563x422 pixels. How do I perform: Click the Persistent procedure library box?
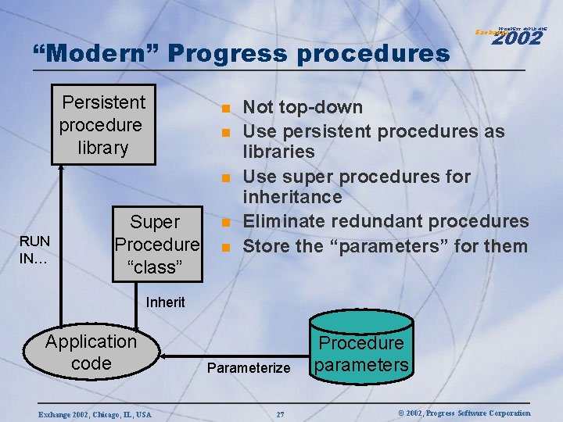pos(103,125)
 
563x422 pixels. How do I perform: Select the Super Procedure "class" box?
pos(157,244)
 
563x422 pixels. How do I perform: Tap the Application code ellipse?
pos(91,352)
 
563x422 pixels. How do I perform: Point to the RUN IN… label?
pos(34,250)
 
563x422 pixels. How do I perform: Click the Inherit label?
pos(166,302)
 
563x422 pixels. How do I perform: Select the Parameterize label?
pos(249,367)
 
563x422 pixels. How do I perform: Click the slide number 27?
pos(280,413)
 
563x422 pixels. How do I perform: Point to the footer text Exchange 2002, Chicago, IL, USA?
pos(95,413)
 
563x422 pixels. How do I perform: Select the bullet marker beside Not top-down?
pos(224,109)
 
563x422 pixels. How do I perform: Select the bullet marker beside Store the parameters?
pos(224,248)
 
